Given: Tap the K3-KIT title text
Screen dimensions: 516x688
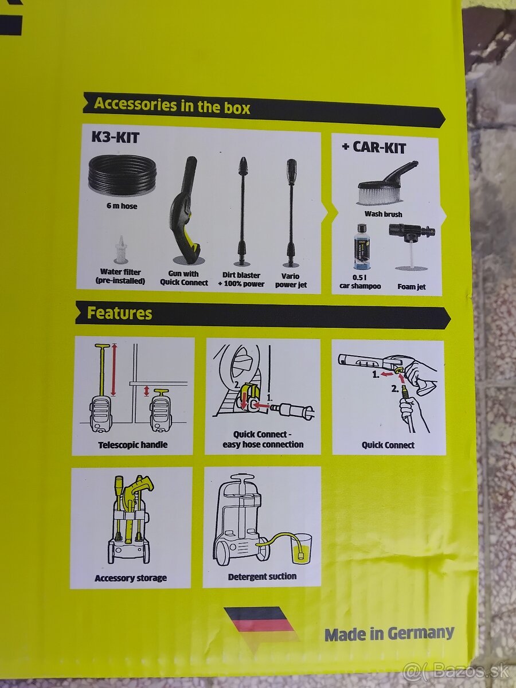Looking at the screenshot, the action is click(115, 138).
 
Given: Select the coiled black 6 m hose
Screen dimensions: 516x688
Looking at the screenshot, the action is click(122, 177).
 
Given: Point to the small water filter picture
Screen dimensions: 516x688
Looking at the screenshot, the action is click(120, 249).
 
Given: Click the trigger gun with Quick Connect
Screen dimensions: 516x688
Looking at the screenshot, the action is click(184, 210).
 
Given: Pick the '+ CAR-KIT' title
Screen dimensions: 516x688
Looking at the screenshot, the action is click(374, 147).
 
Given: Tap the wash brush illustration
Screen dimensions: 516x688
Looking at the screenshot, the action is click(386, 183).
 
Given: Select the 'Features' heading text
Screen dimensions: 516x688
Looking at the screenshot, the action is click(119, 313).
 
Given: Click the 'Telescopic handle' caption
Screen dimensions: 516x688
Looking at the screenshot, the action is click(133, 445).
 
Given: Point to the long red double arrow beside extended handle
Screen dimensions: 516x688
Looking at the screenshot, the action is click(114, 370).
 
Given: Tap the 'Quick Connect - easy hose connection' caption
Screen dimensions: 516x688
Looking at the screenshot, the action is click(263, 439).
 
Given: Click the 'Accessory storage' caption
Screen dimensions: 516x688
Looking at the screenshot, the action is click(131, 578).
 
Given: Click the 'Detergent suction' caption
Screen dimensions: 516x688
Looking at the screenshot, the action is click(262, 577).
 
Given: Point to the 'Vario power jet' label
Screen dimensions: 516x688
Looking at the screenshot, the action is click(291, 280).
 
